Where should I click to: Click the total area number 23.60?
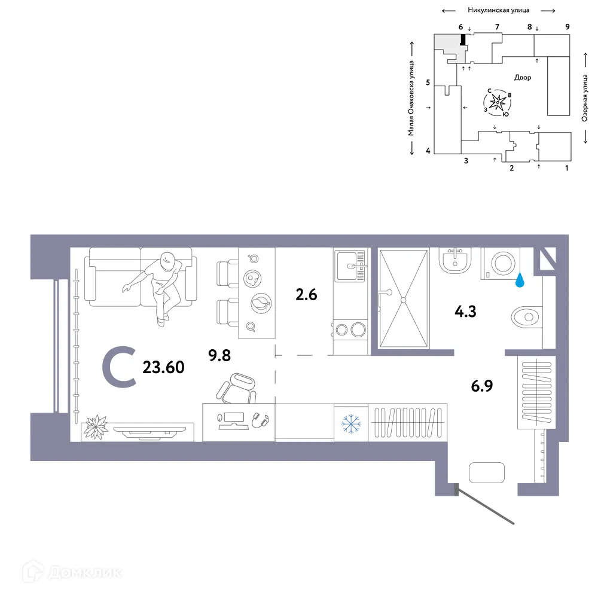point(163,367)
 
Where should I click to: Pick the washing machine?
point(501,264)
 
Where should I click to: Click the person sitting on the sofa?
point(159,281)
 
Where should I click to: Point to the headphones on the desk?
point(261,420)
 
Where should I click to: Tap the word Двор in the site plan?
point(522,77)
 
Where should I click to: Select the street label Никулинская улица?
point(498,10)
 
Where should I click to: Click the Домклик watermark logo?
point(66,572)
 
